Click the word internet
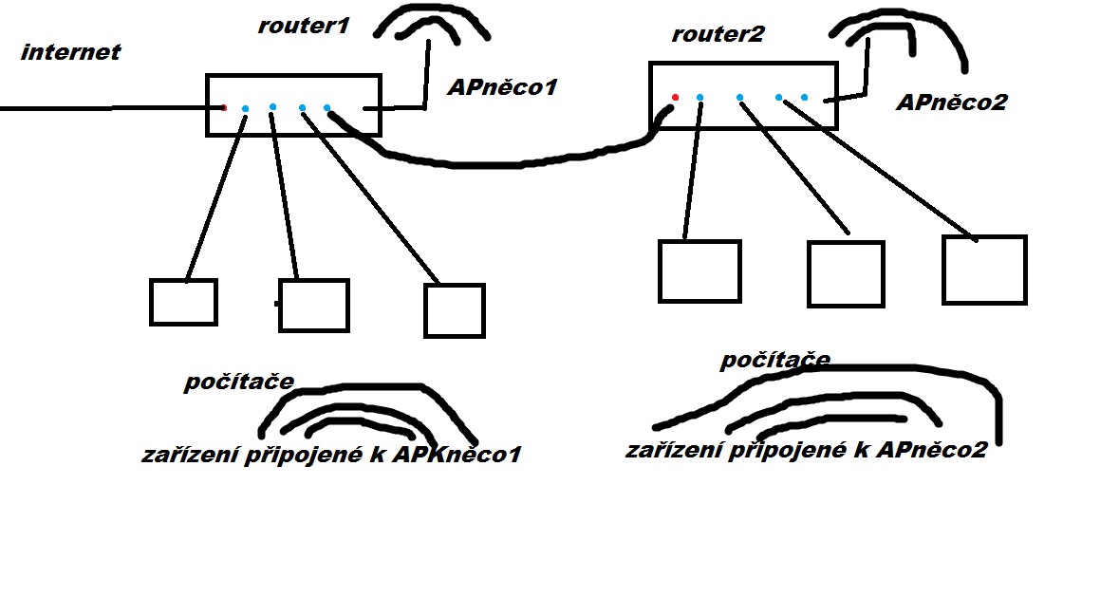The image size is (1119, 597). tap(70, 51)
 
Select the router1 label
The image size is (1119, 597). tap(303, 26)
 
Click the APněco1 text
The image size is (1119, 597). tap(502, 88)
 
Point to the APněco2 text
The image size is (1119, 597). tap(951, 102)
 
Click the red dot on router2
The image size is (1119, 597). tap(675, 97)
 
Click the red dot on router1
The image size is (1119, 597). tap(224, 108)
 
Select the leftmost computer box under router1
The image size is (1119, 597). tap(183, 302)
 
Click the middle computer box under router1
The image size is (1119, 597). tap(313, 305)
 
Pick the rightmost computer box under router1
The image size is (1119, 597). tap(454, 310)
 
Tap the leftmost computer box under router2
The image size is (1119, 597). tap(699, 271)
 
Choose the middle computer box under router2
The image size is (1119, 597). tap(845, 273)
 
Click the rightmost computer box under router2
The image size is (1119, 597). tap(984, 270)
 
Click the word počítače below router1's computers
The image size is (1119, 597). tap(238, 382)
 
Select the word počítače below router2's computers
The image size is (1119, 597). tap(775, 361)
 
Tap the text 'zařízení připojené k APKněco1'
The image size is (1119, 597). tap(331, 455)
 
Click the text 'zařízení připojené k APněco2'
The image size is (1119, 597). tap(806, 450)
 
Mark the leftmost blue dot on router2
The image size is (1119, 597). tap(699, 97)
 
